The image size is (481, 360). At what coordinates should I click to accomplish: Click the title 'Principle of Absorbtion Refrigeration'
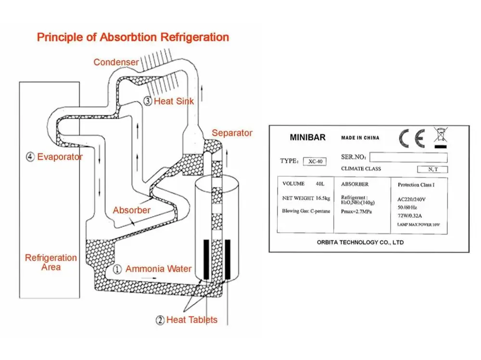(133, 37)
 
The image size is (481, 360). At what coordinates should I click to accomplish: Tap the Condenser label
(116, 62)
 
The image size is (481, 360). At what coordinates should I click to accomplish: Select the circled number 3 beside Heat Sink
(148, 101)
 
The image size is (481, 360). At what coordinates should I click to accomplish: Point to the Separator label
(232, 133)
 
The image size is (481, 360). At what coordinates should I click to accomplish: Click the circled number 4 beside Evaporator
(31, 157)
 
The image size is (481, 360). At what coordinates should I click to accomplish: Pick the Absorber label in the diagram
(131, 210)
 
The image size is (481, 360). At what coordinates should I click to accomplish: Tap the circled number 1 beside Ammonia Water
(116, 269)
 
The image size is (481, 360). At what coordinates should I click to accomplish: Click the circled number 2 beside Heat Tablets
(160, 320)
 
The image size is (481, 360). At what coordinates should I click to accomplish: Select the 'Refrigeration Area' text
(51, 262)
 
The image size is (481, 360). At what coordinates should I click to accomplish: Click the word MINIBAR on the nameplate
(307, 137)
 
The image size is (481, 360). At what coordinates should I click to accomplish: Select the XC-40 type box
(315, 162)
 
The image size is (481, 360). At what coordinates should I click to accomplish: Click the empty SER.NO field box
(408, 157)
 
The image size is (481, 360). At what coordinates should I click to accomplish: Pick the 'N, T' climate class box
(432, 169)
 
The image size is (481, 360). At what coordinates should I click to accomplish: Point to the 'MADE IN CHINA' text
(360, 138)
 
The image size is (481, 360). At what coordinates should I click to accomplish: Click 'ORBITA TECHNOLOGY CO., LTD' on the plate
(360, 243)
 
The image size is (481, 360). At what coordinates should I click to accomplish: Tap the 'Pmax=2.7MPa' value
(356, 211)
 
